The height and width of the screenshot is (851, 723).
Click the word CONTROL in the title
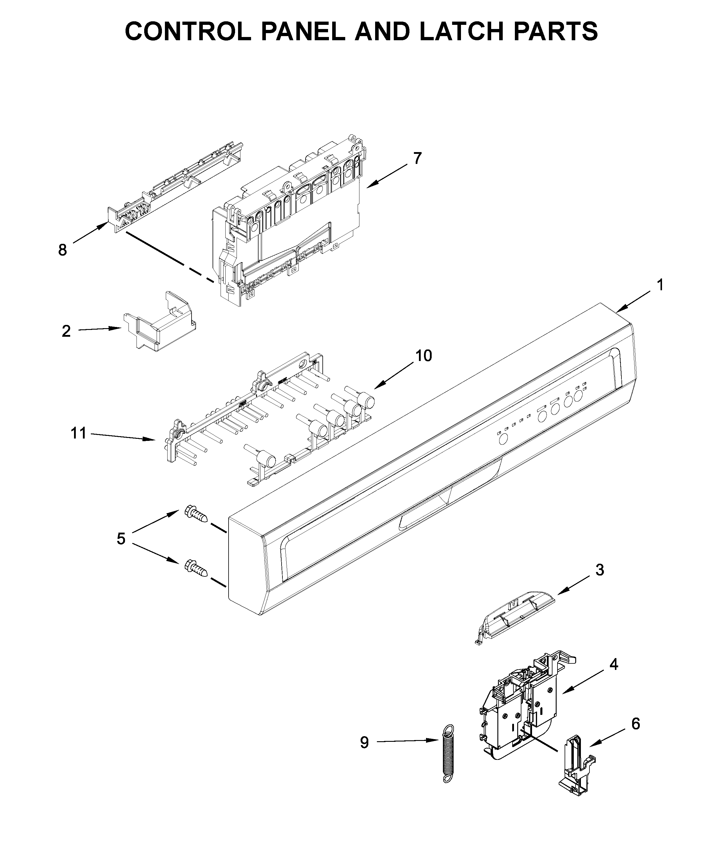tap(188, 31)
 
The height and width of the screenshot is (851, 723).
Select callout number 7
tap(417, 158)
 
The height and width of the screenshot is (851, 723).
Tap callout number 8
tap(62, 249)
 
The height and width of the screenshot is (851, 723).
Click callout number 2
tap(66, 331)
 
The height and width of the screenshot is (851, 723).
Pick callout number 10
tap(423, 356)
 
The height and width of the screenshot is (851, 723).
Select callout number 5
tap(120, 539)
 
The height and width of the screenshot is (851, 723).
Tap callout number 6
tap(635, 724)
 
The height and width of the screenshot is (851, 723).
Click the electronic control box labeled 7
tap(287, 221)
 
